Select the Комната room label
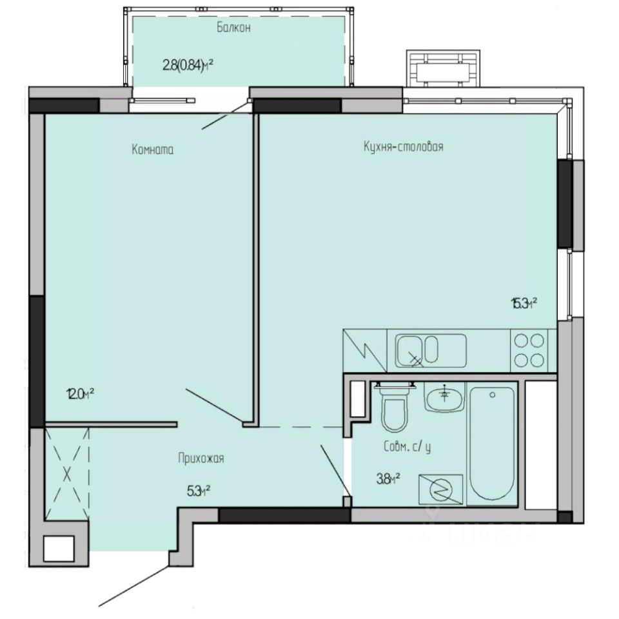pyautogui.click(x=153, y=150)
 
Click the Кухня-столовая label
pyautogui.click(x=403, y=147)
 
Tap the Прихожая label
pyautogui.click(x=201, y=458)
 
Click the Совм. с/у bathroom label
pyautogui.click(x=406, y=446)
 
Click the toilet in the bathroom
pyautogui.click(x=394, y=408)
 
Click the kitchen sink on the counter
pyautogui.click(x=417, y=351)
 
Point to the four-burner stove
pyautogui.click(x=529, y=351)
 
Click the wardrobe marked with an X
pyautogui.click(x=66, y=475)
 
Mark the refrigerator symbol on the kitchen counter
pyautogui.click(x=364, y=351)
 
